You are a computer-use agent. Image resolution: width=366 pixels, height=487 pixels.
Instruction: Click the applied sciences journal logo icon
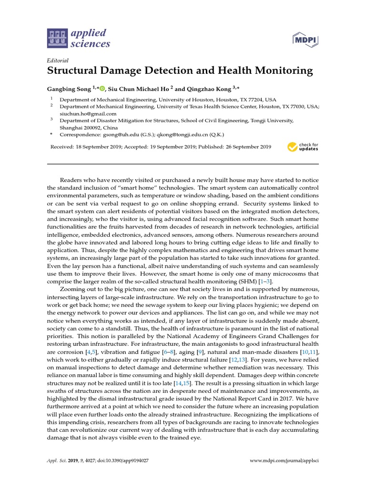pos(57,39)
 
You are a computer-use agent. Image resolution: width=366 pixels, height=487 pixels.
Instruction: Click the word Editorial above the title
pos(58,60)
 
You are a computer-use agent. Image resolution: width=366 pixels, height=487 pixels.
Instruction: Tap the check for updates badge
pos(303,146)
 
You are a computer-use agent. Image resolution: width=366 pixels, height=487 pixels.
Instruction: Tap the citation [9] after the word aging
pos(201,352)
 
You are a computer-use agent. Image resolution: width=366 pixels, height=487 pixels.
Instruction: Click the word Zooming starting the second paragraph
pos(74,289)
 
